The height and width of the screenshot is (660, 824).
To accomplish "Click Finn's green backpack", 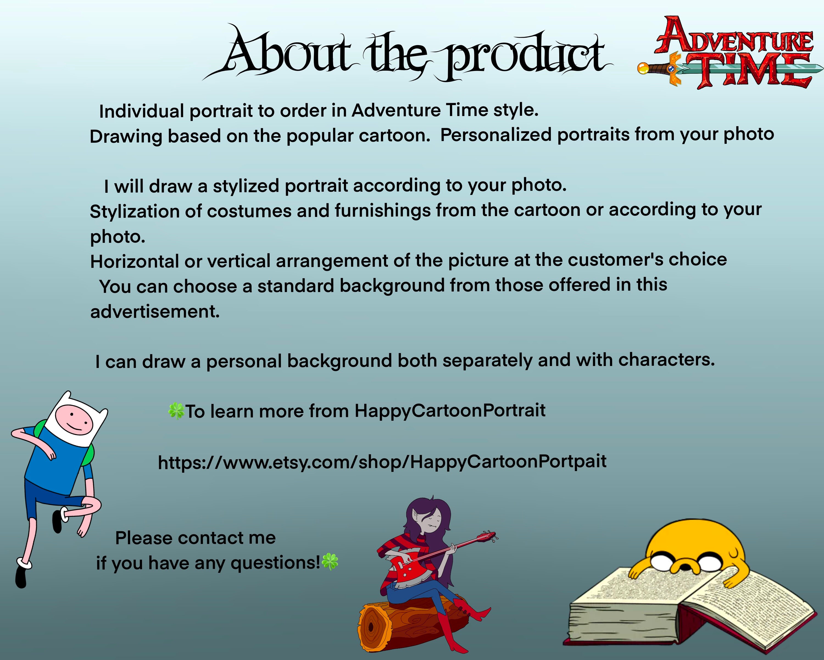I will click(89, 455).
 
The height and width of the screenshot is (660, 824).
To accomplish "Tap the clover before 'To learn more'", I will click(176, 411).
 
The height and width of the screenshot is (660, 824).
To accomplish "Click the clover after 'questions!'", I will click(330, 562).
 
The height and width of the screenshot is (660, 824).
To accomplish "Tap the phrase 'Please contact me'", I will click(195, 538).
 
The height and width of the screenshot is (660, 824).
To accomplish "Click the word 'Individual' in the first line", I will click(141, 111).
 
